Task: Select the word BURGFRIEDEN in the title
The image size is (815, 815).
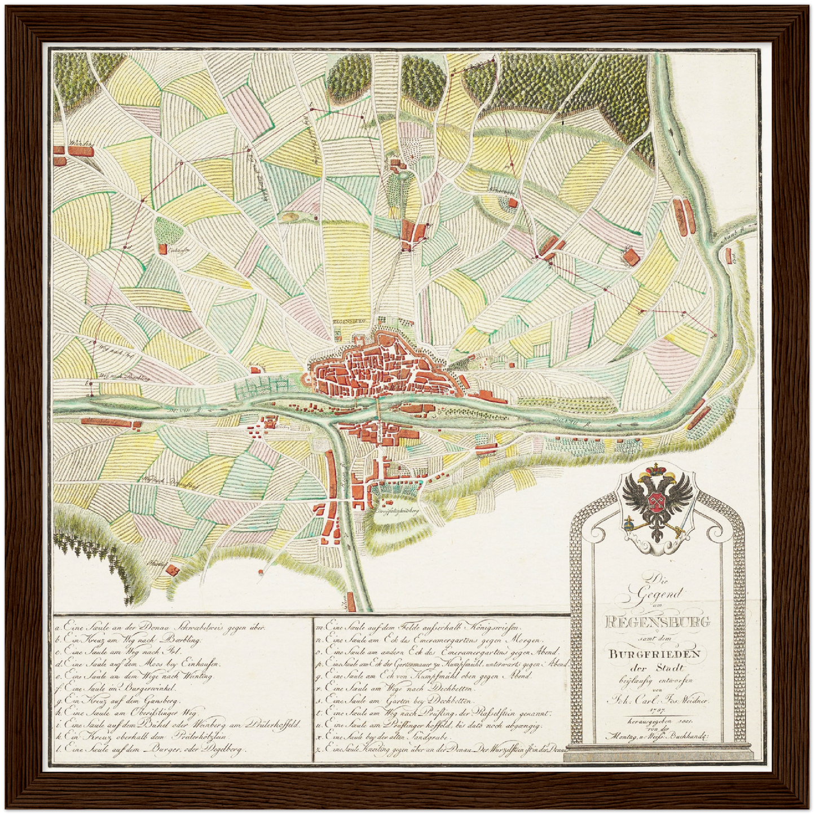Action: click(x=654, y=655)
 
